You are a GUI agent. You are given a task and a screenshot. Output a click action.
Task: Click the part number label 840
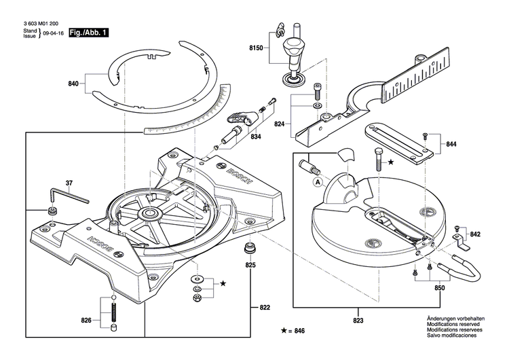pyautogui.click(x=73, y=84)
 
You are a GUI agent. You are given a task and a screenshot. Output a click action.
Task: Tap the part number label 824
pyautogui.click(x=280, y=124)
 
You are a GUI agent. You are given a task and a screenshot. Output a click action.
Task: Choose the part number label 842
pyautogui.click(x=475, y=234)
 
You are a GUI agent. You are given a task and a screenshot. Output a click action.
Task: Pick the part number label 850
pyautogui.click(x=440, y=288)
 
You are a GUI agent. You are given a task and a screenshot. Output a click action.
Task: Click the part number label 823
pyautogui.click(x=358, y=321)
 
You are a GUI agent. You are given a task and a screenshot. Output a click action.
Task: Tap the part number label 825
pyautogui.click(x=250, y=265)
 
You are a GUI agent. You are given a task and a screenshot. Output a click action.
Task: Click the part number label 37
pyautogui.click(x=69, y=183)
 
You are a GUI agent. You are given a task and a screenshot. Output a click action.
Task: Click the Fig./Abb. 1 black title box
pyautogui.click(x=89, y=32)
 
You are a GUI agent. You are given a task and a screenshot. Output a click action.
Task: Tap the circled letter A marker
pyautogui.click(x=317, y=181)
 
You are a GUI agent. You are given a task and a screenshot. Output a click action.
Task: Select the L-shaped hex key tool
pyautogui.click(x=72, y=196)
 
